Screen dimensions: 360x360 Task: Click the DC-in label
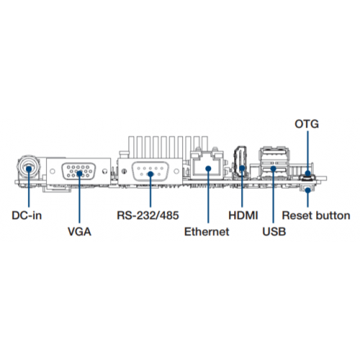click(x=27, y=215)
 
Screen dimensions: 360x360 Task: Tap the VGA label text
click(x=79, y=232)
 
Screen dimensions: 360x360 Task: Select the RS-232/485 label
click(x=148, y=215)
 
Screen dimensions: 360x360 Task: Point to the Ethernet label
click(x=207, y=232)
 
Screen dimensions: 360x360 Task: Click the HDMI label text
click(x=243, y=215)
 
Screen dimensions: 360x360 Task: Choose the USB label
click(x=274, y=232)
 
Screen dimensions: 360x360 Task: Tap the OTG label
click(x=307, y=124)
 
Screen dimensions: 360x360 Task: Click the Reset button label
click(x=316, y=215)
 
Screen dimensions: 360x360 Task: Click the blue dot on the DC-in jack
click(x=29, y=168)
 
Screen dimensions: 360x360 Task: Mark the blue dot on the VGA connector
click(x=79, y=173)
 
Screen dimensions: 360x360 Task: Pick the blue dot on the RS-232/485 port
click(x=150, y=174)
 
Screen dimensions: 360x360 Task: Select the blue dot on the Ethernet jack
click(x=208, y=168)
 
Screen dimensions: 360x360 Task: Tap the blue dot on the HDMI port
click(x=242, y=168)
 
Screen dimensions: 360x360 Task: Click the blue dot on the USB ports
click(x=273, y=168)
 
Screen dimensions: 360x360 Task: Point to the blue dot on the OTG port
click(x=307, y=174)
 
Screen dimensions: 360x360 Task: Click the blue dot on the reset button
click(x=307, y=191)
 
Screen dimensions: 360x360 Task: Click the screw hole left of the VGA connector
click(x=53, y=171)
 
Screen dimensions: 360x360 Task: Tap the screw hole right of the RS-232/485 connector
click(x=176, y=171)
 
